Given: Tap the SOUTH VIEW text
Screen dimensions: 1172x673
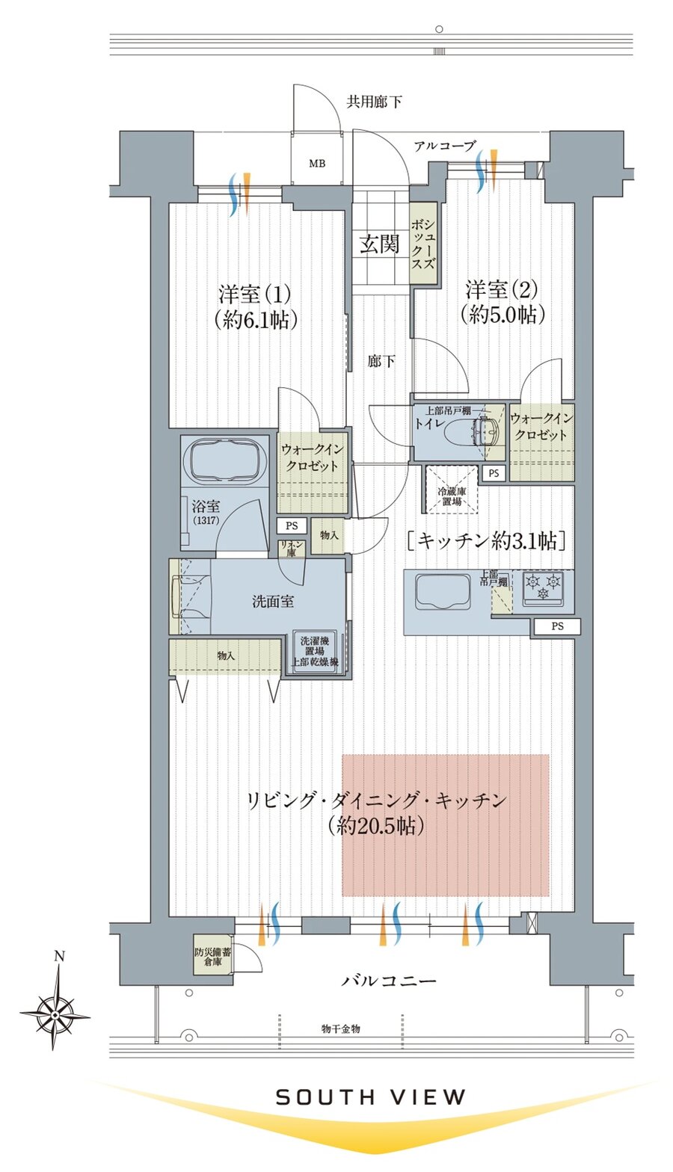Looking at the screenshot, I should (x=371, y=1097).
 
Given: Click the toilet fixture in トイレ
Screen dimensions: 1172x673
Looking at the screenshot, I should (x=470, y=433).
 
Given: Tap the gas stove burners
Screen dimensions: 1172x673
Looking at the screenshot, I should (x=543, y=586).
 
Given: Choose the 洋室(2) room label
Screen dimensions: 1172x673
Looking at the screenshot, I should (x=502, y=301).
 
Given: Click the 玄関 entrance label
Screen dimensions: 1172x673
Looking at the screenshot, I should (x=380, y=244).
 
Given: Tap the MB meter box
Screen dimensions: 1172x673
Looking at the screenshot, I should (x=317, y=163).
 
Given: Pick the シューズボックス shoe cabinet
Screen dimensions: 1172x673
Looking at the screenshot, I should (x=423, y=244).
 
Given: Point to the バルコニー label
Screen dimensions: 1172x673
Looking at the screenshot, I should (x=389, y=980).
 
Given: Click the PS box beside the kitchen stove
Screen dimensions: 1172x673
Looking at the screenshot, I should (x=557, y=627).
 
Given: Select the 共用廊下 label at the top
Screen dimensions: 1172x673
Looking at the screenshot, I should (x=374, y=102).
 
